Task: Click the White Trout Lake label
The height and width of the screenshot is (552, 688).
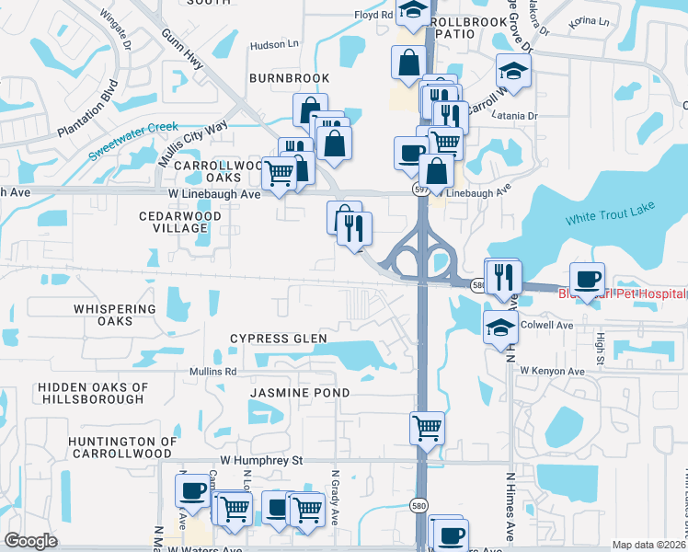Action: (x=608, y=217)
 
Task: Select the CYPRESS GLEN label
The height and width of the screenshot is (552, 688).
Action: (x=278, y=339)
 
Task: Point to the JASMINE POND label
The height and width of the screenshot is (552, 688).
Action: (x=300, y=393)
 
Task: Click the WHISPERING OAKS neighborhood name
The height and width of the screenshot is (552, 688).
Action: (x=91, y=314)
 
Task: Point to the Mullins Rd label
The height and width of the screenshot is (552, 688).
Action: (x=214, y=373)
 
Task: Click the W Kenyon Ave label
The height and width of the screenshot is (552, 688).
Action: (x=552, y=371)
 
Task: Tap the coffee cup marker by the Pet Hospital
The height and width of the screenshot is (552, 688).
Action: (x=587, y=279)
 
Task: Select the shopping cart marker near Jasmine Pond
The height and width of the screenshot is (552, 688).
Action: (x=427, y=428)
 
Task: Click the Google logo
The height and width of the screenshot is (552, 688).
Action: (x=30, y=541)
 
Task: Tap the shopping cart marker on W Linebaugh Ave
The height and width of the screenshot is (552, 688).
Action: (x=279, y=173)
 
